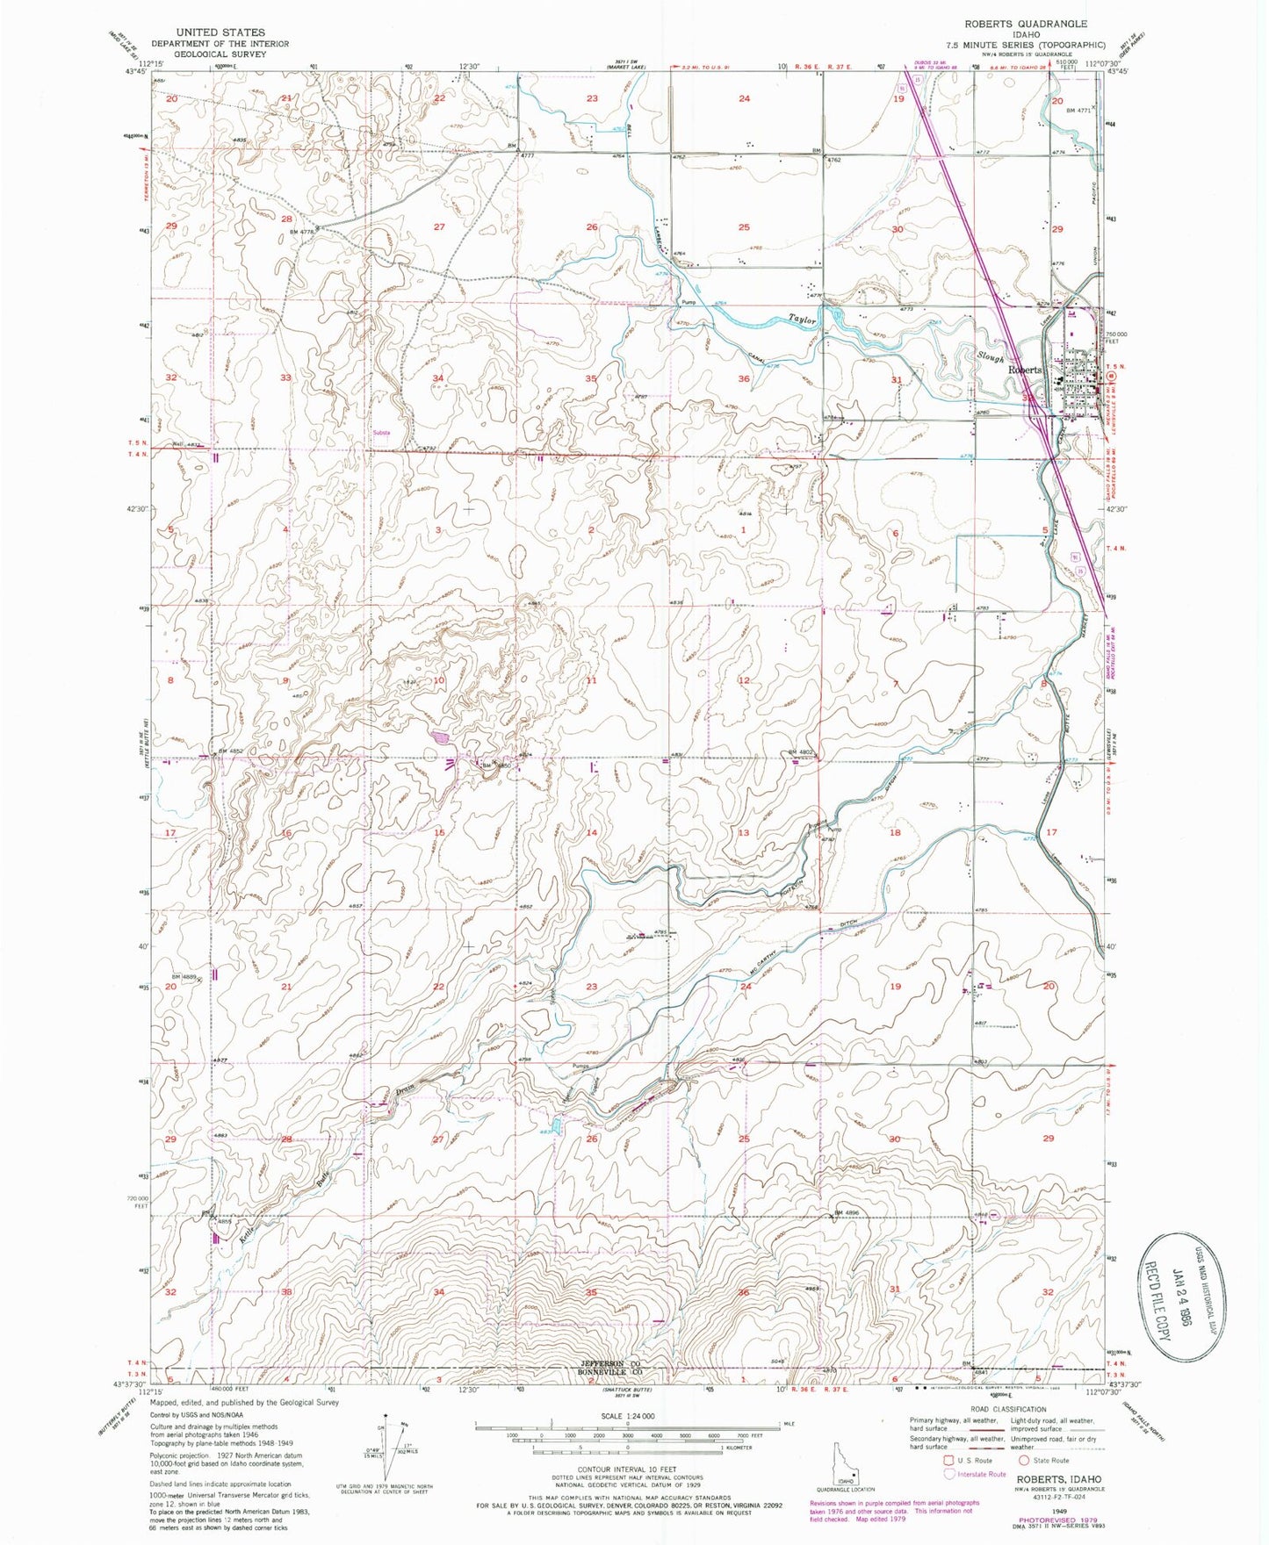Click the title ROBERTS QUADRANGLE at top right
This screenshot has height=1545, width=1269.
[x=1024, y=24]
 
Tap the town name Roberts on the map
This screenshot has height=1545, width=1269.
[x=1024, y=370]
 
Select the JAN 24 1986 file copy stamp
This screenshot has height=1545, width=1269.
[x=1184, y=1291]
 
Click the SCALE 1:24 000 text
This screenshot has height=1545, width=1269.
[x=627, y=1416]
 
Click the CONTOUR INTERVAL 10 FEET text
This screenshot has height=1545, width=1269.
[x=627, y=1469]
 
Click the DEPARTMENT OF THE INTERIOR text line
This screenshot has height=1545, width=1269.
[x=207, y=42]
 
